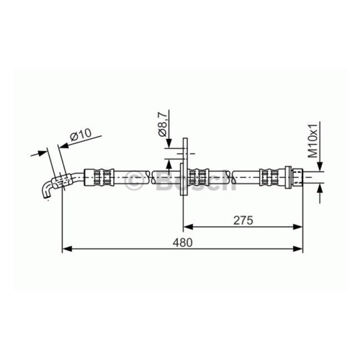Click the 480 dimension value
[183, 243]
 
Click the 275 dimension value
[243, 220]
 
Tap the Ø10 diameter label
[81, 135]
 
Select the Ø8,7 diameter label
[163, 125]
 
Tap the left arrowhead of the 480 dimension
[67, 249]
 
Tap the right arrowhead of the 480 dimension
[298, 249]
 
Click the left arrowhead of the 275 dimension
[188, 227]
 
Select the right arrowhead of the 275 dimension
[298, 227]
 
